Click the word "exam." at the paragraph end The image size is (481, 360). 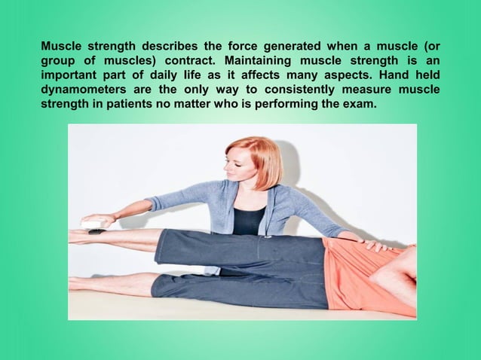[x=359, y=104]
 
